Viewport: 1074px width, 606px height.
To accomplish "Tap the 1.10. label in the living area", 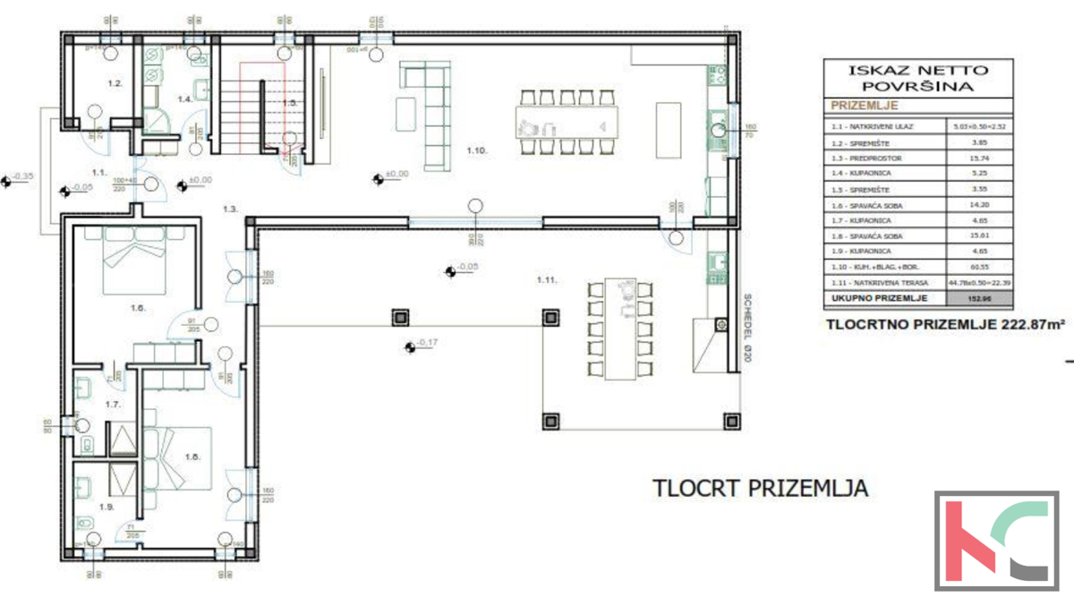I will coord(475,151).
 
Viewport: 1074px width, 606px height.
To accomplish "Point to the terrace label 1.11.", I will coord(547,280).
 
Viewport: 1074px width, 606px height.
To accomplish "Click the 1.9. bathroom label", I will coord(107,507).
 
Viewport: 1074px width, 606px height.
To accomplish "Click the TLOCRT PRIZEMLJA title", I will coord(761,489).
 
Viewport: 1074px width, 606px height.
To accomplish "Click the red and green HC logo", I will coord(992,541).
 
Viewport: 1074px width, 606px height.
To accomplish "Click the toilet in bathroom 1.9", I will coord(86,523).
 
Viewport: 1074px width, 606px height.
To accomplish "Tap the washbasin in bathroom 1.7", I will coord(81,387).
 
